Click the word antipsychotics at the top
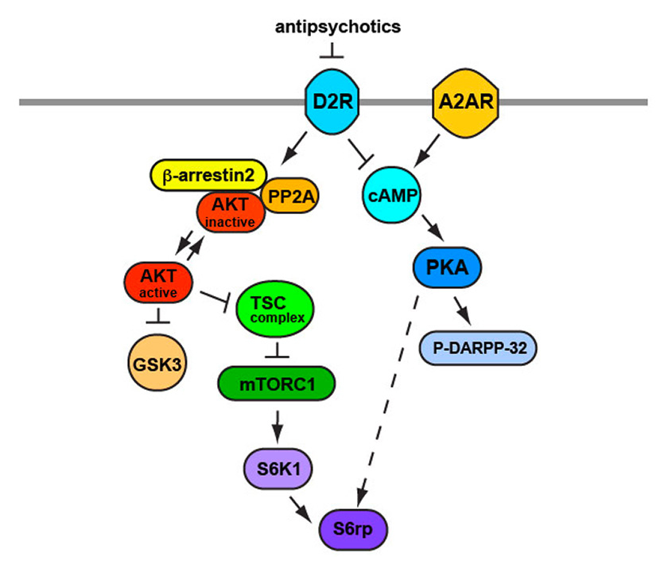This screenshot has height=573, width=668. coord(337,27)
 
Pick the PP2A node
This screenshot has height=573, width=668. coord(288,197)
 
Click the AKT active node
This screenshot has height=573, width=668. coord(158,283)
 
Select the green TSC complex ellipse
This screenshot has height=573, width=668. coord(275,306)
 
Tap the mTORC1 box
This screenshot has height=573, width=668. coord(275,384)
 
